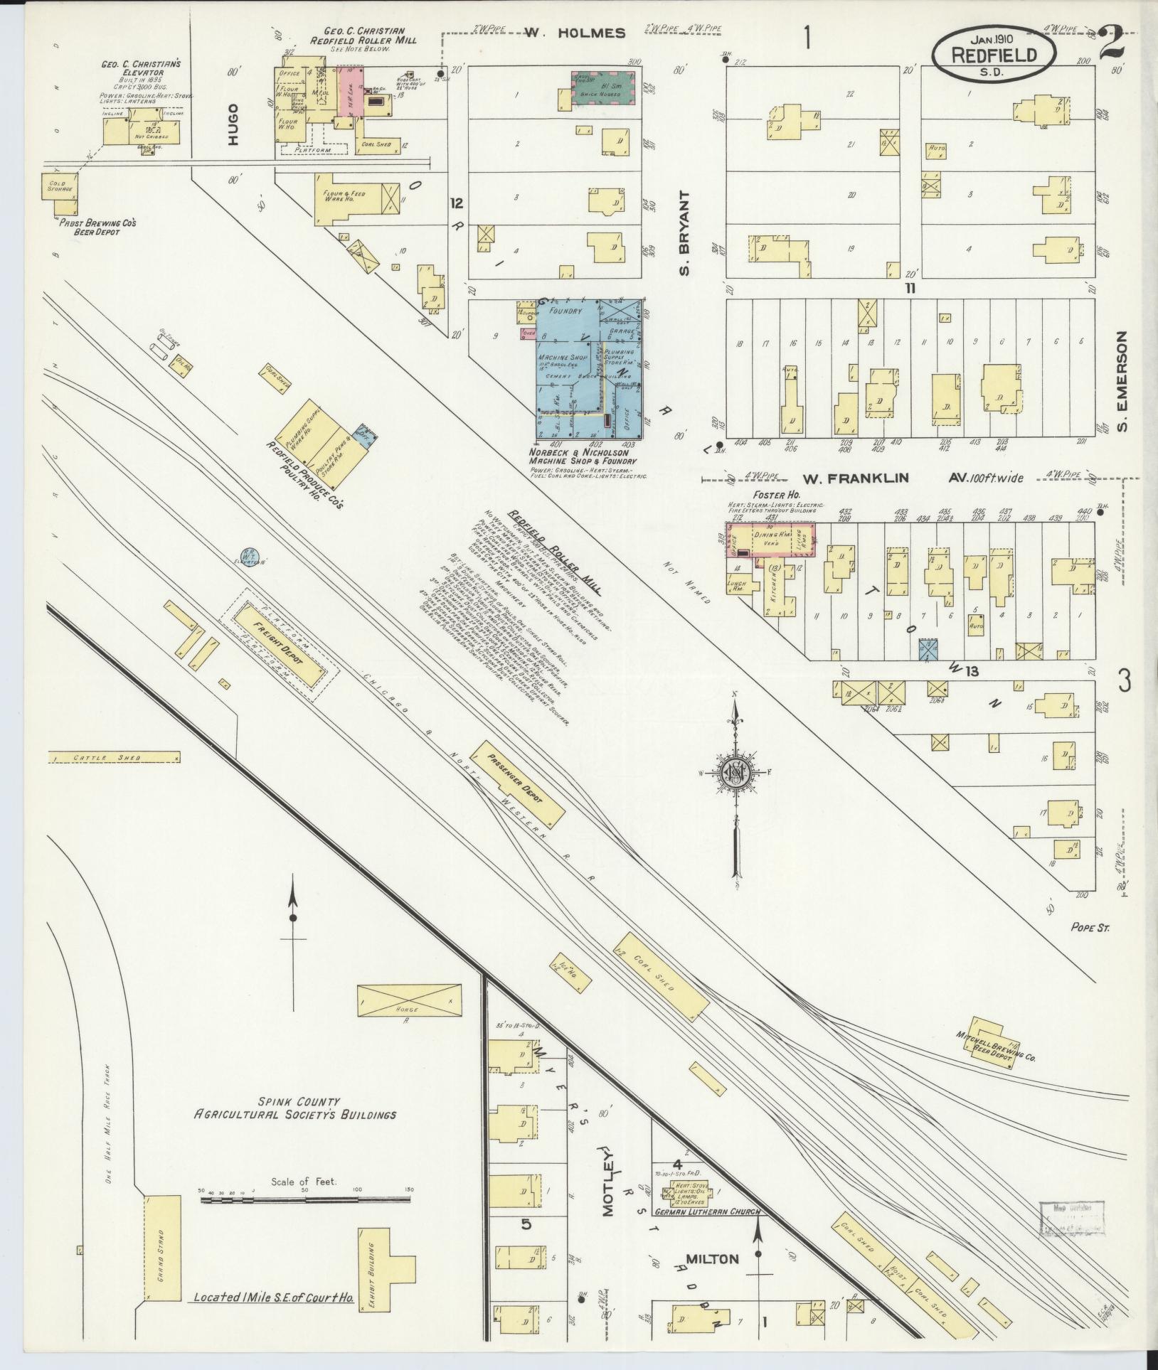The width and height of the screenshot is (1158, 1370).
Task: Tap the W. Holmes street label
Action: pos(575,33)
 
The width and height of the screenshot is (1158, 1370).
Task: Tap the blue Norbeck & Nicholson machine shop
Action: pos(588,370)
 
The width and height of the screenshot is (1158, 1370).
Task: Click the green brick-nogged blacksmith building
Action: pos(603,90)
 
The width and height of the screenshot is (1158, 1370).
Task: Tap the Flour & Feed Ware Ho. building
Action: pos(351,197)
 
